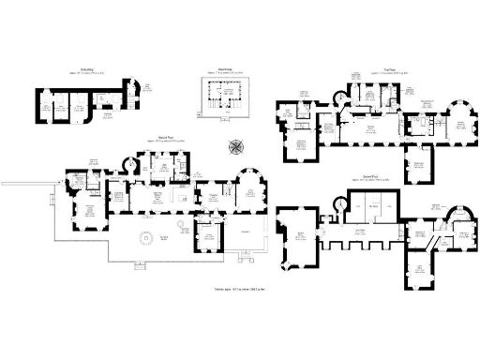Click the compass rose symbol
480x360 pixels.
pyautogui.click(x=236, y=146)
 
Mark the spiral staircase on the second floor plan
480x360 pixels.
pyautogui.click(x=339, y=205)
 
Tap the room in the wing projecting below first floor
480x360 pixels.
pyautogui.click(x=418, y=169)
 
